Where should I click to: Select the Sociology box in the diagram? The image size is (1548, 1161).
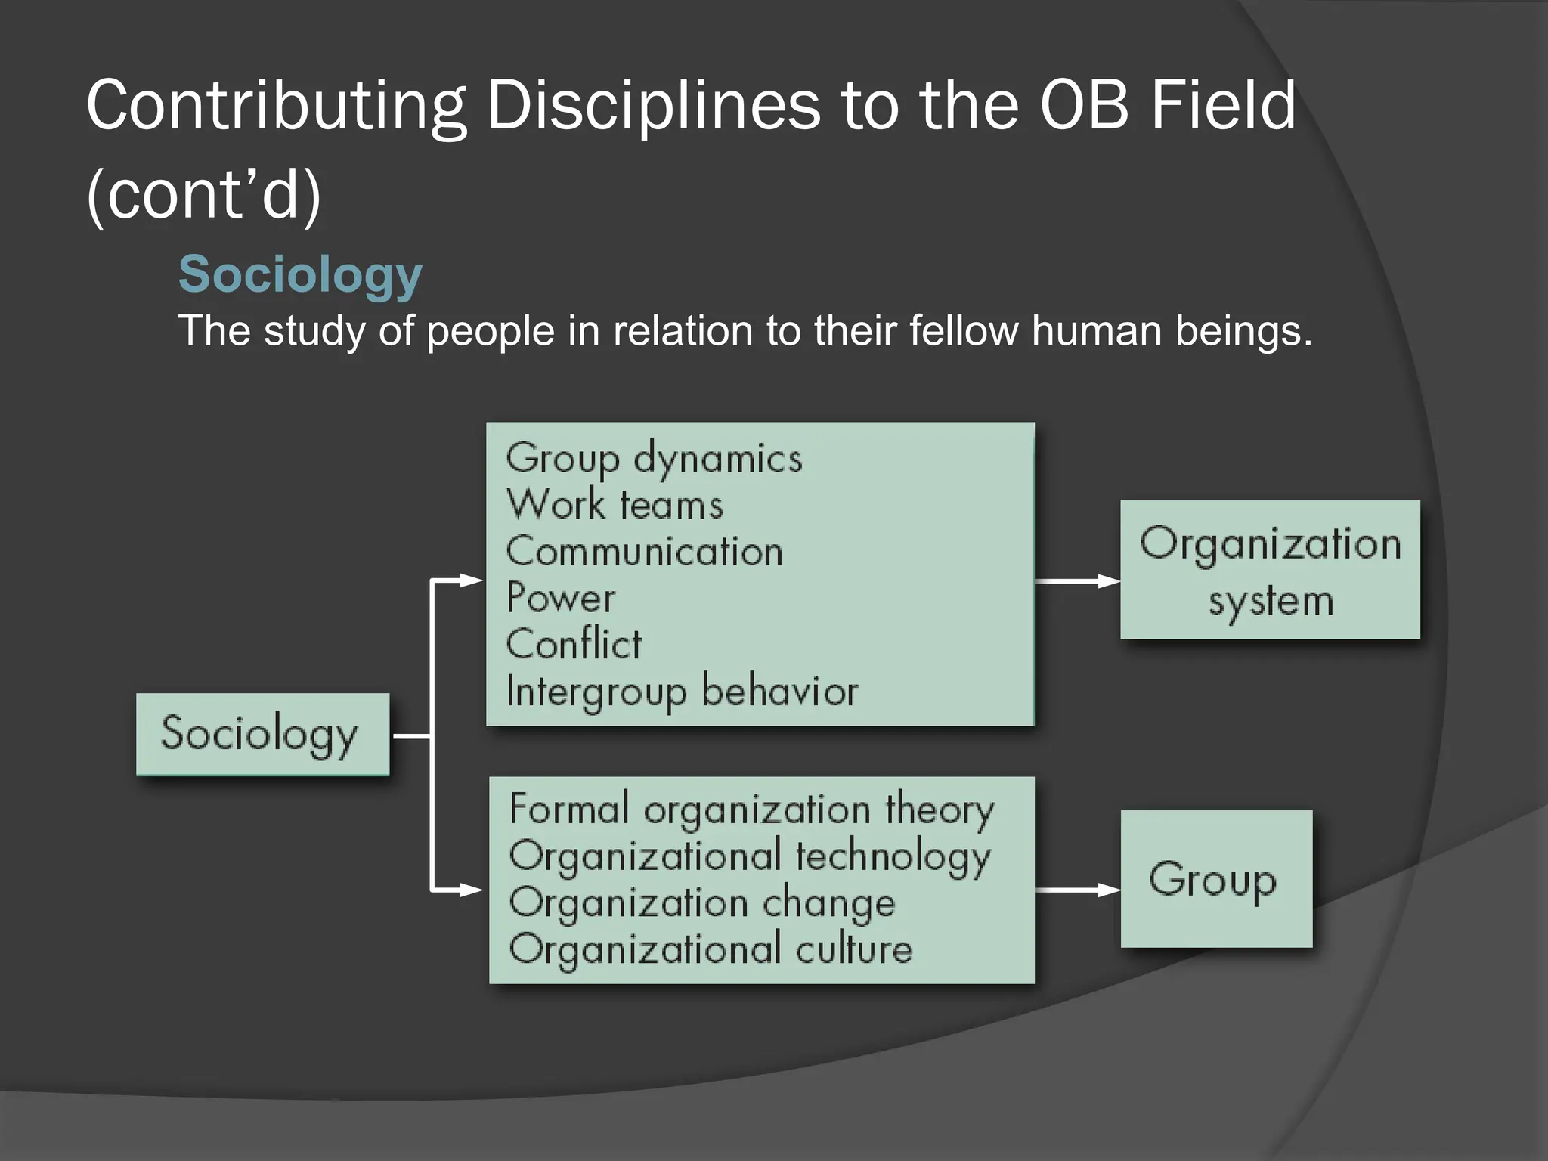point(262,734)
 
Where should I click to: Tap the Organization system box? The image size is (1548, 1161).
point(1270,570)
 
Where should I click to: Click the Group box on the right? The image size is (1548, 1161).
point(1215,879)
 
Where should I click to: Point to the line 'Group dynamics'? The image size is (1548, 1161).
point(654,458)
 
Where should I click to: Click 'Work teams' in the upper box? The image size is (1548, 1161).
point(615,504)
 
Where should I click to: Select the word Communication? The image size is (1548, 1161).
point(644,551)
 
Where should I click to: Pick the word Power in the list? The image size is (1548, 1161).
point(560,598)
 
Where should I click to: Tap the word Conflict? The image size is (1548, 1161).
point(573,645)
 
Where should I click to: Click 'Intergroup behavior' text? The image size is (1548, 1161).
point(682,691)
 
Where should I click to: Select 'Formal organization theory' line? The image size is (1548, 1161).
point(751,810)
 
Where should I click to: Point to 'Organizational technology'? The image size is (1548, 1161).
point(749,856)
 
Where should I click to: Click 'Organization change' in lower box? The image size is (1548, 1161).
point(701,903)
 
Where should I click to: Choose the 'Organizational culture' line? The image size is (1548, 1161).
point(711,949)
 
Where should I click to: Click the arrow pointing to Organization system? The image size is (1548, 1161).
point(1076,581)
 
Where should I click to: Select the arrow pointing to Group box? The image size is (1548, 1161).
point(1076,890)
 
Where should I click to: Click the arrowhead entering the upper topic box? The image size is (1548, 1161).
point(471,580)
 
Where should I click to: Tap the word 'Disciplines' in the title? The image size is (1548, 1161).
point(652,105)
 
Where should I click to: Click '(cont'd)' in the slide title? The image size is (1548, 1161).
point(204,195)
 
